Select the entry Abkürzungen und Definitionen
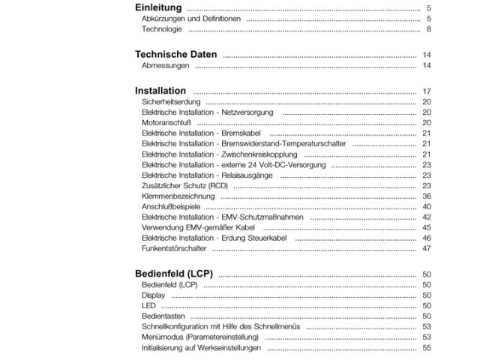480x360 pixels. point(191,18)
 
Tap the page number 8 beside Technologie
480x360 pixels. point(427,29)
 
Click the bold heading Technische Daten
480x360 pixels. point(175,55)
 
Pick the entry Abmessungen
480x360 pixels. point(165,66)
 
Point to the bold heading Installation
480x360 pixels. point(160,91)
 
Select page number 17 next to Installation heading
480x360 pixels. point(425,91)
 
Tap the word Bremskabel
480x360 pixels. point(239,133)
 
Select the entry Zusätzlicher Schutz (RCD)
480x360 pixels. point(184,185)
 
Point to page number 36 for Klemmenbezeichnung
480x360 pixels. point(425,196)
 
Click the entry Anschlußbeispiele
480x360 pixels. point(172,206)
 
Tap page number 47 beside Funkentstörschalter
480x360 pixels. point(425,248)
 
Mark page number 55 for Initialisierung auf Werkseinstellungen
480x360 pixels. point(425,348)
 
